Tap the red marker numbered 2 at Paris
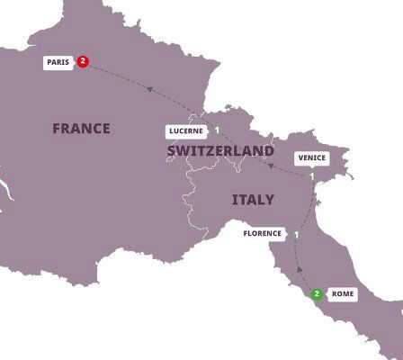[x=84, y=62]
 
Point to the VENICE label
[x=311, y=158]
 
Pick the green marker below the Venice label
[x=312, y=175]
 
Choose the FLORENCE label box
[x=264, y=234]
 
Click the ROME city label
[x=344, y=293]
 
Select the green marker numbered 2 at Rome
[x=317, y=293]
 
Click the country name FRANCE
[x=81, y=129]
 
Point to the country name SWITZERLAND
[x=220, y=150]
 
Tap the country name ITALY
[x=253, y=198]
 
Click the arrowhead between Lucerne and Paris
[x=151, y=87]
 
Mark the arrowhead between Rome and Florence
[x=299, y=268]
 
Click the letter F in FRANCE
[x=57, y=129]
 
